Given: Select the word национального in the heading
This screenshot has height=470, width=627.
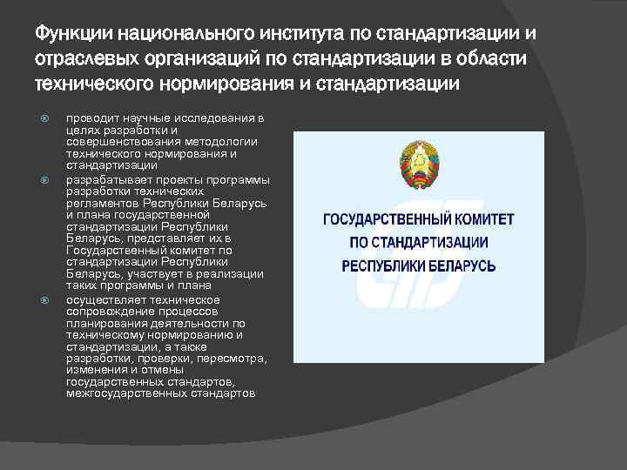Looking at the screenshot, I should (x=182, y=34).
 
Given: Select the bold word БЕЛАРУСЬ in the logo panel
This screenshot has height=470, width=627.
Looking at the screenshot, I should (x=459, y=265).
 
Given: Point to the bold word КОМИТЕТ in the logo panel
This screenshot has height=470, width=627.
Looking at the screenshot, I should (x=482, y=220).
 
